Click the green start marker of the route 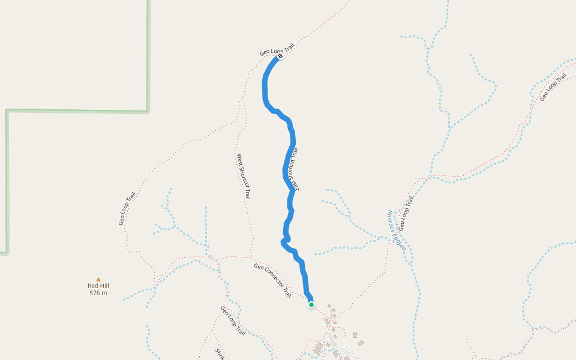pyautogui.click(x=311, y=305)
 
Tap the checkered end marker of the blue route pyautogui.click(x=280, y=56)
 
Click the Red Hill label pyautogui.click(x=98, y=286)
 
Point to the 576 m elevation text pyautogui.click(x=98, y=293)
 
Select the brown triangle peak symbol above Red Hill pyautogui.click(x=98, y=279)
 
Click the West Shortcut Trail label pyautogui.click(x=243, y=176)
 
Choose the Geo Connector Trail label pyautogui.click(x=272, y=280)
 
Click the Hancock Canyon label pyautogui.click(x=397, y=230)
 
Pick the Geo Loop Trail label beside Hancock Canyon pyautogui.click(x=406, y=213)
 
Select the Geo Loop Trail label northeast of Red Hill pyautogui.click(x=127, y=209)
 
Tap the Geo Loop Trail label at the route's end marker pyautogui.click(x=277, y=49)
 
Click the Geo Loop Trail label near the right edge pyautogui.click(x=553, y=87)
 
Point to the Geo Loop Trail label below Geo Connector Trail pyautogui.click(x=233, y=320)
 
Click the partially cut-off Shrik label pyautogui.click(x=220, y=353)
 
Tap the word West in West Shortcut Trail pyautogui.click(x=239, y=160)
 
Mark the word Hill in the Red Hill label pyautogui.click(x=104, y=286)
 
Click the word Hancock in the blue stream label pyautogui.click(x=392, y=220)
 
